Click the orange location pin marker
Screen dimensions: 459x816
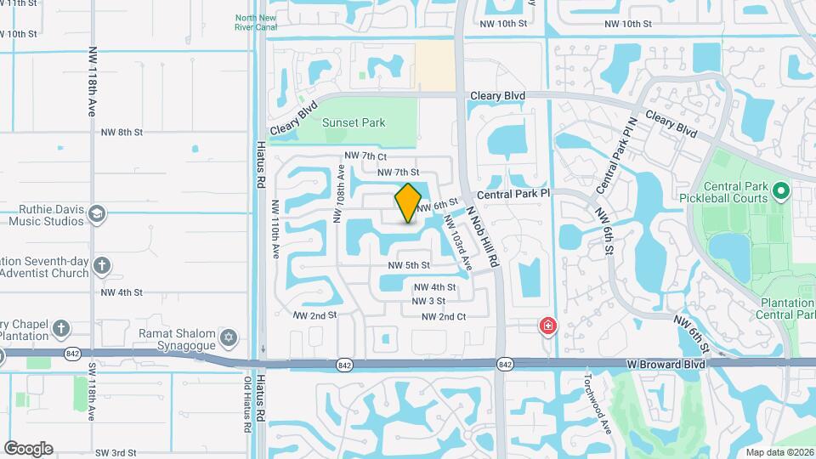point(408,203)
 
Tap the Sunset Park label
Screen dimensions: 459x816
point(354,122)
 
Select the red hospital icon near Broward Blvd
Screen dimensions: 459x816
point(548,326)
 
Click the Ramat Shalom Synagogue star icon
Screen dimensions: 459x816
point(227,338)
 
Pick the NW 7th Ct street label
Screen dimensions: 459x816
point(365,156)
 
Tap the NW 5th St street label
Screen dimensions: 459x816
point(408,265)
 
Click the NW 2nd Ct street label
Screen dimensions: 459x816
point(445,317)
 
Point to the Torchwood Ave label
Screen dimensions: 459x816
point(598,404)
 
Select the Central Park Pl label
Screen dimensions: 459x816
point(514,195)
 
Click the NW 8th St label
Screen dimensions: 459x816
point(122,133)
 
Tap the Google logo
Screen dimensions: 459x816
point(27,449)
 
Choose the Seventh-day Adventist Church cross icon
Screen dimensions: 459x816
point(103,265)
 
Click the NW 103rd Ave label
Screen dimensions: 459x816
point(456,243)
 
